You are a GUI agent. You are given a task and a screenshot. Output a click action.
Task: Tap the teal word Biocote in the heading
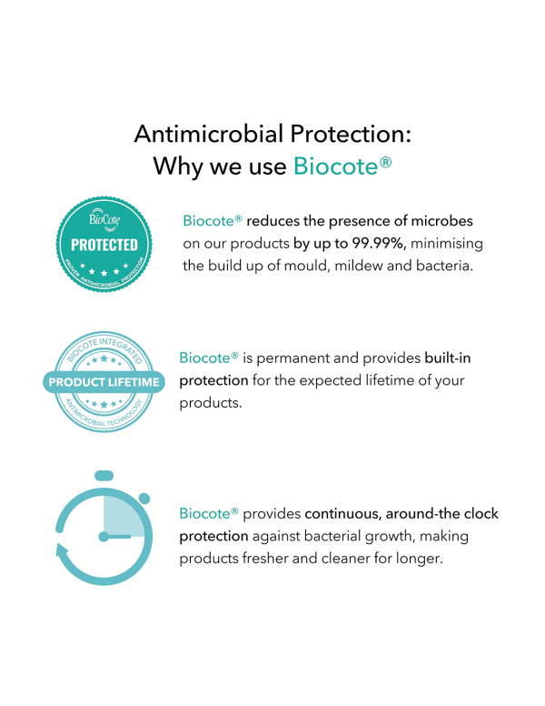(x=335, y=166)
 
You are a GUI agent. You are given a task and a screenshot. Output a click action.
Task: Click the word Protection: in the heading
(x=351, y=134)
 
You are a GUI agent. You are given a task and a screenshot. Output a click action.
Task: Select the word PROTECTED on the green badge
(x=104, y=245)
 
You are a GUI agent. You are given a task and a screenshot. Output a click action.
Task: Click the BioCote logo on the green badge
(x=104, y=219)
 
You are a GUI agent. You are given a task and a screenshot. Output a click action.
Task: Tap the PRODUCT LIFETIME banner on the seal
(x=104, y=382)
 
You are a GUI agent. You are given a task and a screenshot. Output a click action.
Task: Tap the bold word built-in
(x=448, y=358)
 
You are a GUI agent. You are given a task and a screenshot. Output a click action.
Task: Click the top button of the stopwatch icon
(x=104, y=476)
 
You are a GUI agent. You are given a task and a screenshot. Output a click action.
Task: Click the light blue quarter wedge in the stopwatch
(x=124, y=517)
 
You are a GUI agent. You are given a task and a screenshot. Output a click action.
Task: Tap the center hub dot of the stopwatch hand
(x=104, y=537)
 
